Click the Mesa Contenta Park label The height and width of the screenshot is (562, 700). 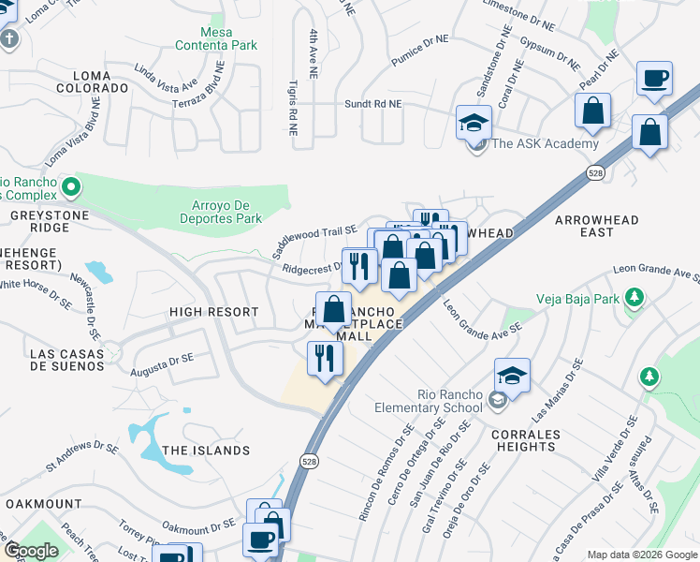(216, 38)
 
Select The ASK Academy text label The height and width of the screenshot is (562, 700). (545, 143)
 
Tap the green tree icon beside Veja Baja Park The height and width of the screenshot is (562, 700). (635, 298)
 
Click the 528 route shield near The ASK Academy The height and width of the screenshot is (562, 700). (595, 173)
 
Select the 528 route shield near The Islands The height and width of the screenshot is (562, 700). (308, 461)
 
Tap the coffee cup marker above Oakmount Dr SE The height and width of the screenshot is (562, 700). (259, 540)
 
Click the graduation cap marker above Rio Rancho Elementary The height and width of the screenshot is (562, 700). (512, 376)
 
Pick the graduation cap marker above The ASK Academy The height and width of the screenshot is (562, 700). (474, 122)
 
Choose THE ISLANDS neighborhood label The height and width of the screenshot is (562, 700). (206, 451)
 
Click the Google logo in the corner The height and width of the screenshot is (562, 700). (31, 551)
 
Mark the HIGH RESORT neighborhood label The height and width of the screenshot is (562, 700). (213, 311)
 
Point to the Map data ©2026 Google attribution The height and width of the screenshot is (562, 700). (642, 555)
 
